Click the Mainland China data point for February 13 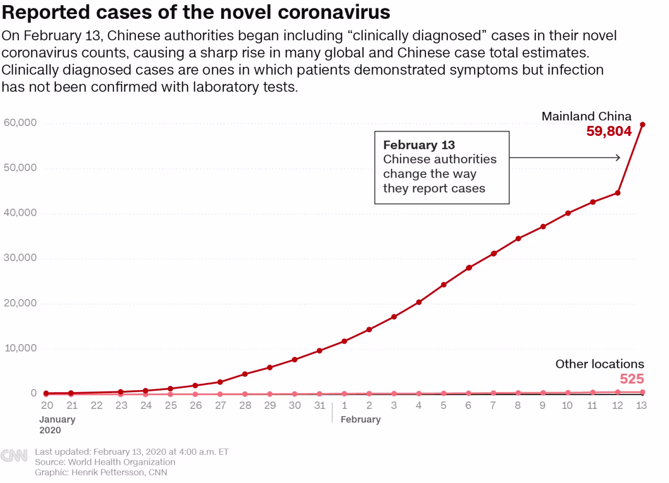642,124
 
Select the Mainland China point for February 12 618,193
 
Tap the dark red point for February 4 419,302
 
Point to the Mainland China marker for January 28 245,374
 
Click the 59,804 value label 609,131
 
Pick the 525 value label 632,379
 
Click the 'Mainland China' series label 586,116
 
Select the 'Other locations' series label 599,364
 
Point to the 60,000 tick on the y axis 20,123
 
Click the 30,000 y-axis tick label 20,258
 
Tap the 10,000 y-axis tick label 20,348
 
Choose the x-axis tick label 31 319,406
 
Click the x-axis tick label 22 97,406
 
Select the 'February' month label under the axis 361,419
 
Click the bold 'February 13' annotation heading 419,145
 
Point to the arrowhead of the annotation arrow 618,157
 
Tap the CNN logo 14,455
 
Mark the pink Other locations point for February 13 642,392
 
